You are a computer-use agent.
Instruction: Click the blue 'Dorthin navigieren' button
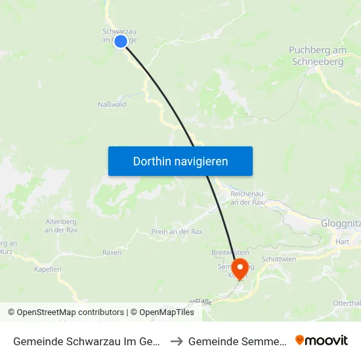click(180, 161)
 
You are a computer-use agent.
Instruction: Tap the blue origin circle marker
click(121, 41)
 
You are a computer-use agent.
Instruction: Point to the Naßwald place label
click(112, 104)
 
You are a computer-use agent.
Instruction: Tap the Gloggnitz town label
click(341, 223)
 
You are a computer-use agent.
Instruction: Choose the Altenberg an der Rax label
click(61, 226)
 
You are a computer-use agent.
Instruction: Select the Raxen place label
click(112, 252)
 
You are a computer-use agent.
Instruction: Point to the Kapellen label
click(48, 269)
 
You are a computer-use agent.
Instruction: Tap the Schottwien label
click(278, 259)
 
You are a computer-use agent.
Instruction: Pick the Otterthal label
click(347, 303)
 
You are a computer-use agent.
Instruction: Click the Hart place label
click(342, 242)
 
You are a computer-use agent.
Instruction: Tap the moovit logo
click(322, 341)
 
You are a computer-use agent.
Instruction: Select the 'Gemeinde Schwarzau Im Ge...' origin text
click(87, 341)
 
